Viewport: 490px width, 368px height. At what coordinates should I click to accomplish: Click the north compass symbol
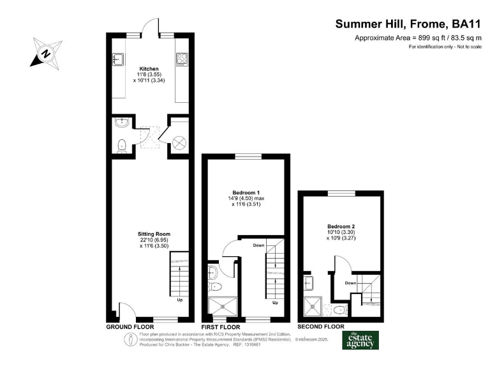[x=47, y=53]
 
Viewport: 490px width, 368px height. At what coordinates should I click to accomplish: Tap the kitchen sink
[x=118, y=59]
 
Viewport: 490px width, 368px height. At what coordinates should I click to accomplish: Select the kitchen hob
[x=182, y=59]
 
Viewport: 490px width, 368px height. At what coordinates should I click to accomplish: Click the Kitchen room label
[x=149, y=68]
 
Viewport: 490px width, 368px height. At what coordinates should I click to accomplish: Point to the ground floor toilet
[x=122, y=146]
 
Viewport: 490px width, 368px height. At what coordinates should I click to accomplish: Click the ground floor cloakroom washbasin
[x=122, y=123]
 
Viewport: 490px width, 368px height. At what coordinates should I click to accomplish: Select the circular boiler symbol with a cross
[x=179, y=143]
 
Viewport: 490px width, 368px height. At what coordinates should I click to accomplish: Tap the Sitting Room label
[x=154, y=234]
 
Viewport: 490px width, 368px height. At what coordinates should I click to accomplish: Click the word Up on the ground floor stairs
[x=180, y=300]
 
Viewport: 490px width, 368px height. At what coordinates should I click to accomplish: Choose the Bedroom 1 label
[x=246, y=192]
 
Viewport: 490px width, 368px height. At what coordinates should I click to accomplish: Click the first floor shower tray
[x=223, y=307]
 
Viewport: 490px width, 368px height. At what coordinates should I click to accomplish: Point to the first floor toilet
[x=214, y=286]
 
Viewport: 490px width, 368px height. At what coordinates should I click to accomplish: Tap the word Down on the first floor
[x=259, y=245]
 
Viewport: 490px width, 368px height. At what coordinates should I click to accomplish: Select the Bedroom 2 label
[x=341, y=226]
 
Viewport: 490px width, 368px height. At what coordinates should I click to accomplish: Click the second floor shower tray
[x=313, y=307]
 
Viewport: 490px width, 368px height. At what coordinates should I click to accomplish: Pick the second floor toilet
[x=339, y=310]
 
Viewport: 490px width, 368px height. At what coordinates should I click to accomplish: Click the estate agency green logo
[x=360, y=340]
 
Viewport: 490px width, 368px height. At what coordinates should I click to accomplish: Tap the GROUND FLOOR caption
[x=130, y=327]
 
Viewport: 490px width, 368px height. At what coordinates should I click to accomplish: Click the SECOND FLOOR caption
[x=321, y=326]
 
